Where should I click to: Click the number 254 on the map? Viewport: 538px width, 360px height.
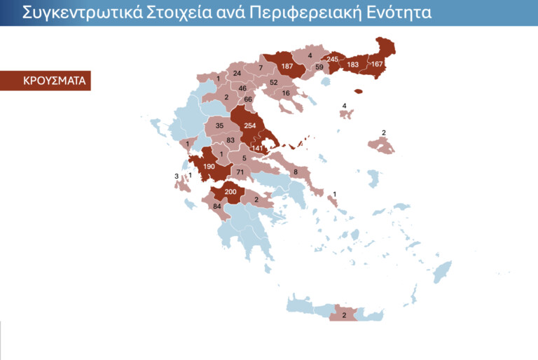click(x=251, y=126)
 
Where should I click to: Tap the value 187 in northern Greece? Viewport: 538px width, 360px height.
click(x=287, y=67)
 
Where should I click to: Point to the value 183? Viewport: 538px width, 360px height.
click(x=353, y=65)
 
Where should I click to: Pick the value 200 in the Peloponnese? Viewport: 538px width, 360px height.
click(x=230, y=191)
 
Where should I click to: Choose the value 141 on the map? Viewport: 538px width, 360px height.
click(x=259, y=148)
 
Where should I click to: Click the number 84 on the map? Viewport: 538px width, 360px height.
click(x=216, y=206)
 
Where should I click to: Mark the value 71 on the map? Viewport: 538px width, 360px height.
click(x=240, y=172)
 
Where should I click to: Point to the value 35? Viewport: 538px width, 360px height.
click(x=219, y=126)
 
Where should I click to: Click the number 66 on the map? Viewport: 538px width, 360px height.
click(x=247, y=100)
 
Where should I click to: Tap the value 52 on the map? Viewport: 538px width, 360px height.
click(x=274, y=83)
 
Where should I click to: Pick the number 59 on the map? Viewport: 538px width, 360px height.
click(x=319, y=68)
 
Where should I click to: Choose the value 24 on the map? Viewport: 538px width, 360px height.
click(x=237, y=74)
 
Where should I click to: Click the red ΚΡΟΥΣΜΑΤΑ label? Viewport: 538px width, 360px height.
click(x=45, y=81)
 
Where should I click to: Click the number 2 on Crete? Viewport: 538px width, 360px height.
click(x=344, y=315)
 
